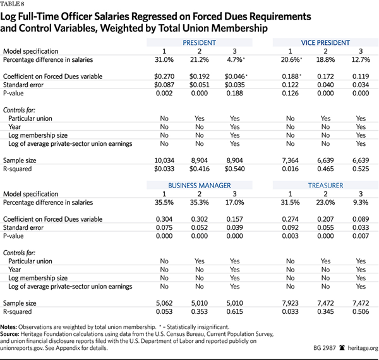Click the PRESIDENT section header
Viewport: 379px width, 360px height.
tap(199, 43)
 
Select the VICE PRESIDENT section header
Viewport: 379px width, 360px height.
tap(325, 43)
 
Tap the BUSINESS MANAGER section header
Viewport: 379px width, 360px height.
tap(200, 186)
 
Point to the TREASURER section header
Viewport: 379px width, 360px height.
tap(325, 186)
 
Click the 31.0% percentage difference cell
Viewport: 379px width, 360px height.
tap(164, 59)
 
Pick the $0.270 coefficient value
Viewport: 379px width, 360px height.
tap(164, 76)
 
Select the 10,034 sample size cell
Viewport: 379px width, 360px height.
tap(164, 160)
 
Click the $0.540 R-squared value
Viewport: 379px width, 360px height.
tap(234, 169)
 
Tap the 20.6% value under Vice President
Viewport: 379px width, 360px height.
tap(291, 59)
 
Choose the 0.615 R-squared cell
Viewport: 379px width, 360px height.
tap(234, 311)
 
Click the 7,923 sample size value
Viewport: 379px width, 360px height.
tap(291, 303)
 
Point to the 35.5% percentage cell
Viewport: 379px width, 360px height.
tap(164, 203)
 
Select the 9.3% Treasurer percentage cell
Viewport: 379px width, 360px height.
tap(361, 203)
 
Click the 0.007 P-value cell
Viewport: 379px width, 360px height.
tap(361, 236)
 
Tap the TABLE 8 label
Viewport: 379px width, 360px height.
tap(13, 4)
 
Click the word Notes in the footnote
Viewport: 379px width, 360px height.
tap(8, 327)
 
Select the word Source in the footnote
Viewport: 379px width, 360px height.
tap(9, 334)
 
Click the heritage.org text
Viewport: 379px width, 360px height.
tap(363, 348)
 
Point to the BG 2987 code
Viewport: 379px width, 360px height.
tap(325, 348)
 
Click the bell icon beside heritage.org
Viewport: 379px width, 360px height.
tap(342, 347)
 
